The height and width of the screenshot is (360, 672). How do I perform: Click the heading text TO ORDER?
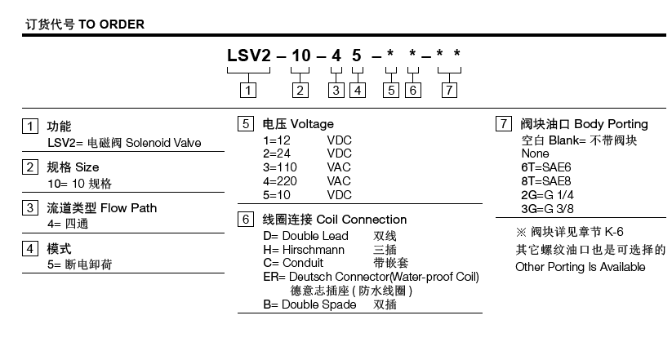(x=112, y=24)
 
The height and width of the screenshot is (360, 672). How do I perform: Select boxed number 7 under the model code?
(x=449, y=91)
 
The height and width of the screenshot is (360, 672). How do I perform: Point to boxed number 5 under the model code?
(x=391, y=91)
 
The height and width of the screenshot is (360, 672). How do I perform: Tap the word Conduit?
(x=303, y=263)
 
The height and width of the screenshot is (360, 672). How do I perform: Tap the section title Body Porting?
(x=611, y=124)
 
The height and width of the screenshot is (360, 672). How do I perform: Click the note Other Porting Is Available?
(x=580, y=267)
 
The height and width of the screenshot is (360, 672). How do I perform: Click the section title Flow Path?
(x=129, y=208)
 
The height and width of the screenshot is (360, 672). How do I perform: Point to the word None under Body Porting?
(x=535, y=153)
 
